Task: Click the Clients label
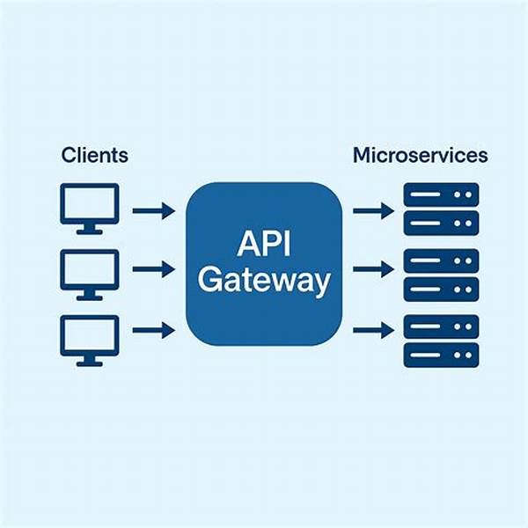click(94, 156)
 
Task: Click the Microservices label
click(420, 156)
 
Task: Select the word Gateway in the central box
click(263, 282)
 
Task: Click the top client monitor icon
click(89, 208)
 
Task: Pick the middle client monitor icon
click(89, 272)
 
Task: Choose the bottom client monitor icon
click(89, 336)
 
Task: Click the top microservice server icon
click(441, 209)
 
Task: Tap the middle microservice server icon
click(441, 274)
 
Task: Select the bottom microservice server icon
click(441, 341)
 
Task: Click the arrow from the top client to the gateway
click(153, 211)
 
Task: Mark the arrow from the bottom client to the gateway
click(153, 331)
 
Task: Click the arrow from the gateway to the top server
click(373, 211)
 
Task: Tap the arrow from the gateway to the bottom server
click(373, 331)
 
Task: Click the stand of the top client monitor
click(89, 229)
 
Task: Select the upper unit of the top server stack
click(441, 195)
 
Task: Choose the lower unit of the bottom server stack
click(441, 355)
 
